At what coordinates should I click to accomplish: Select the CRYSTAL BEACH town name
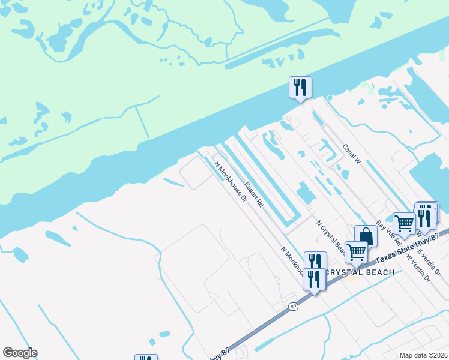(360, 272)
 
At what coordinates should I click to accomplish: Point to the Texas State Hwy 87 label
(411, 246)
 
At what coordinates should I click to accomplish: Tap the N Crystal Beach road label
(330, 236)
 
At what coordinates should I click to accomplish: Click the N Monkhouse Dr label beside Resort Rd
(231, 184)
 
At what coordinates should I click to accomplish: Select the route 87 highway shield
(292, 306)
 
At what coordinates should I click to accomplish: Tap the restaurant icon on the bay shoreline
(300, 88)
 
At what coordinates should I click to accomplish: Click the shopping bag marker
(366, 236)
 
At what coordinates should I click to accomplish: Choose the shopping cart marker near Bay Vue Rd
(404, 224)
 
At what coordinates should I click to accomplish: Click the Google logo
(20, 353)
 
